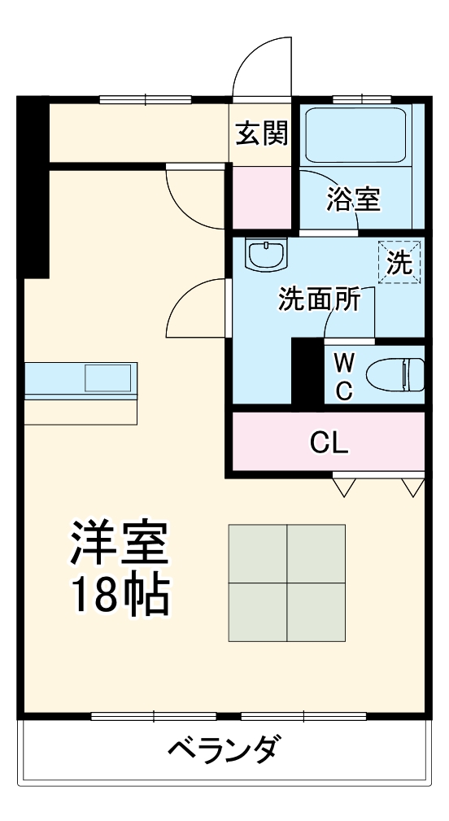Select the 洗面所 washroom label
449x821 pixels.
tap(319, 299)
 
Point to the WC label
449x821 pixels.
tap(344, 375)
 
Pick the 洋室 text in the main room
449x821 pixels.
tap(119, 544)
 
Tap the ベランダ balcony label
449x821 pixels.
tap(225, 747)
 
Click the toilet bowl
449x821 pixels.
tap(395, 375)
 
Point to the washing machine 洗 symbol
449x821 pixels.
tap(399, 262)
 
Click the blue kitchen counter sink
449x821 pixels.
tap(108, 379)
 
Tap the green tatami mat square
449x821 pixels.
tap(286, 583)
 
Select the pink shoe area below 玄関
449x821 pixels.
tap(261, 199)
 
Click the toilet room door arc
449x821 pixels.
tap(342, 322)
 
